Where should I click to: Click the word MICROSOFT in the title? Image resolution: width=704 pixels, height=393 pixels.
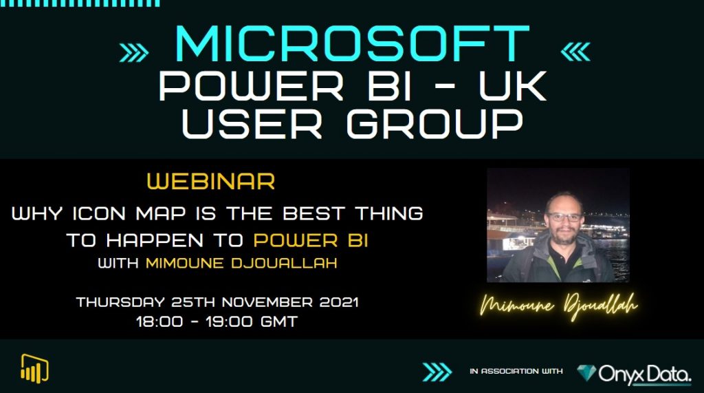pos(352,45)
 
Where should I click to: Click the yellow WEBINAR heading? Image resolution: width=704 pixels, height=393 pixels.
pos(211,182)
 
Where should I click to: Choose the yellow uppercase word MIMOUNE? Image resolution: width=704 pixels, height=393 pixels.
pos(181,264)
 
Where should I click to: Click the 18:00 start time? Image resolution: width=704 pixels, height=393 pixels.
pos(157,321)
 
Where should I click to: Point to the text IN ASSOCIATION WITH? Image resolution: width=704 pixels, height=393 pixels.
pos(516,372)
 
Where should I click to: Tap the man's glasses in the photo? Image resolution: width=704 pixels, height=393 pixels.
pos(564,217)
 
